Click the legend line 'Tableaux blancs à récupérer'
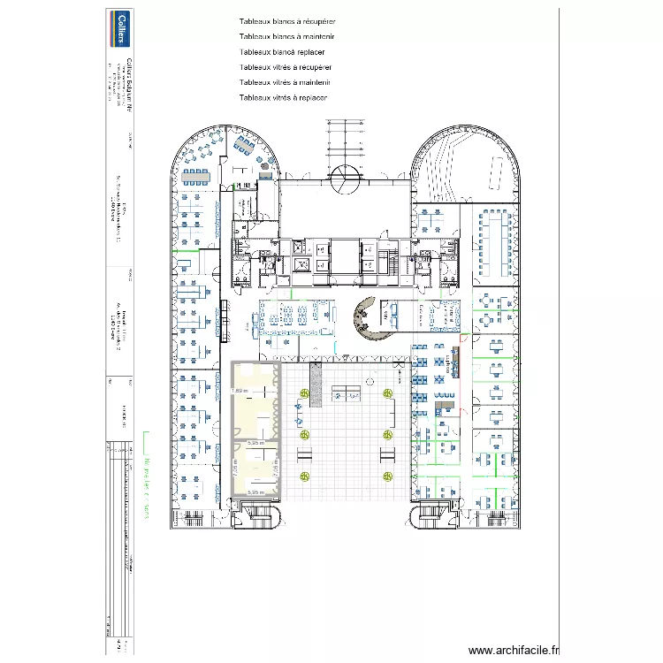[286, 21]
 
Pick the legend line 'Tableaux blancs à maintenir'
[286, 36]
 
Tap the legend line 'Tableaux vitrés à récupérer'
[286, 67]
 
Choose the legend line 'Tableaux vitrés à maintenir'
[286, 82]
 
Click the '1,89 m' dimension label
[240, 392]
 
